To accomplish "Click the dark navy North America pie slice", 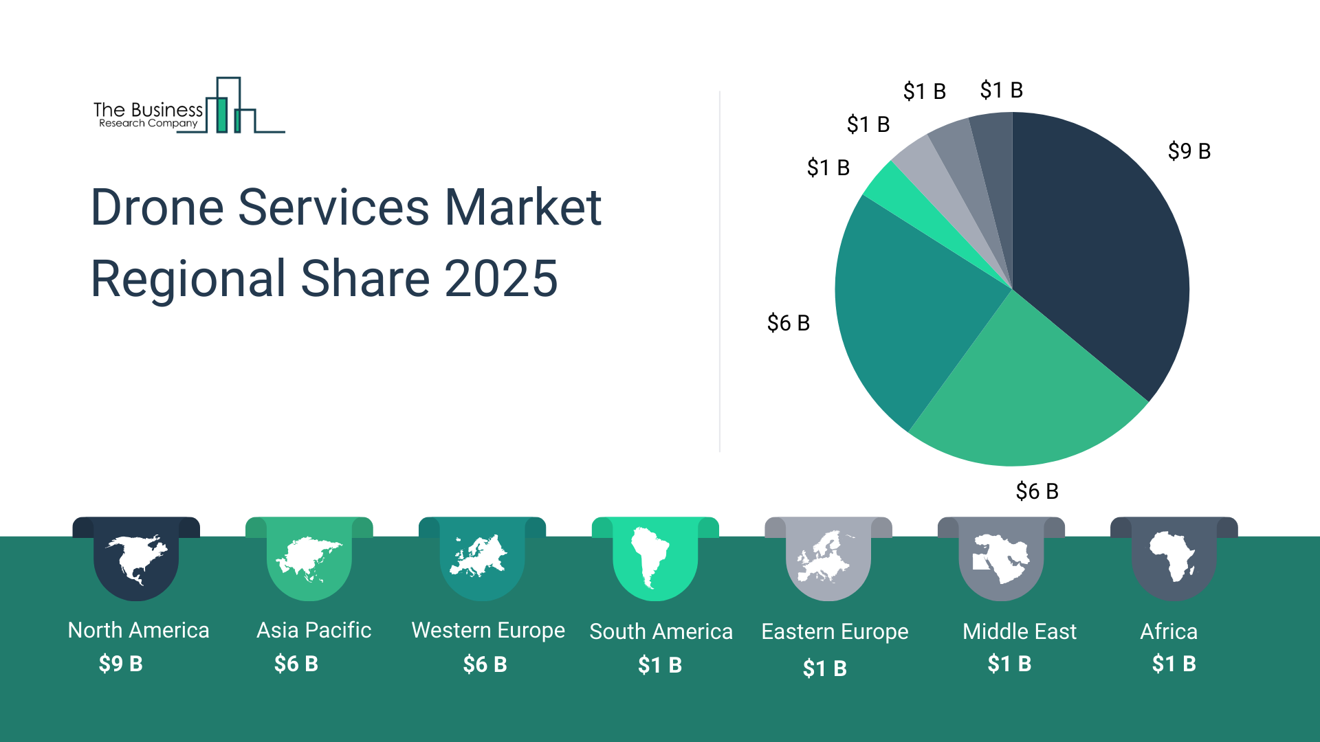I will [x=1100, y=247].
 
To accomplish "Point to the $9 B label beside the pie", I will [x=1189, y=151].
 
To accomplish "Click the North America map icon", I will [x=136, y=559].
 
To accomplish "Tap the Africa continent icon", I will [x=1173, y=556].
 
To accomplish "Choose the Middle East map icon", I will [x=1001, y=558].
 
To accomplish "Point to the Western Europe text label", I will [x=488, y=630].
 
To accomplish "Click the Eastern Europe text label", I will [x=835, y=631].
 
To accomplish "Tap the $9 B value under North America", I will [x=121, y=664].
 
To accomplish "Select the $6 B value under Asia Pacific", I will [x=296, y=664].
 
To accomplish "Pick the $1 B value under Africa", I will [x=1174, y=664].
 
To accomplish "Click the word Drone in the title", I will [x=157, y=207].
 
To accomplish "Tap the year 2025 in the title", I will [x=500, y=279].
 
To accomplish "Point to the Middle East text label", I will [x=1019, y=631].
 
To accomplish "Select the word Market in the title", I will [x=522, y=207].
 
